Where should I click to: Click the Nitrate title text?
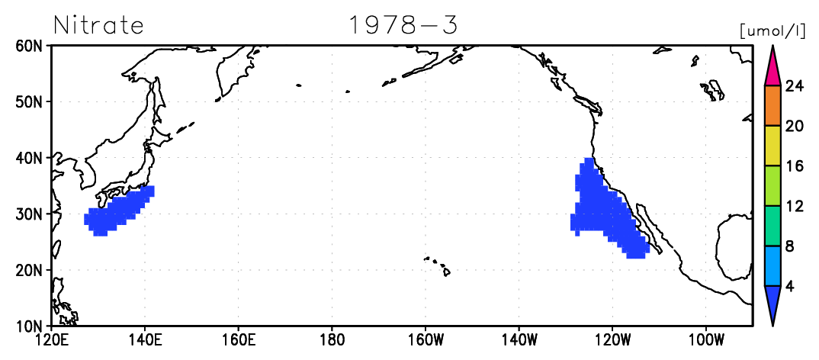click(x=98, y=24)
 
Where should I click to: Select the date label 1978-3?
click(x=403, y=24)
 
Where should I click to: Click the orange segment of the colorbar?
click(x=772, y=105)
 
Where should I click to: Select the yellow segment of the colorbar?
click(x=772, y=146)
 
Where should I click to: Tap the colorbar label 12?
click(x=794, y=206)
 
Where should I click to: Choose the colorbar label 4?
click(x=790, y=286)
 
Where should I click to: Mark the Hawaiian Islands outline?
click(x=438, y=265)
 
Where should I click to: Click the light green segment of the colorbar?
click(x=772, y=186)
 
